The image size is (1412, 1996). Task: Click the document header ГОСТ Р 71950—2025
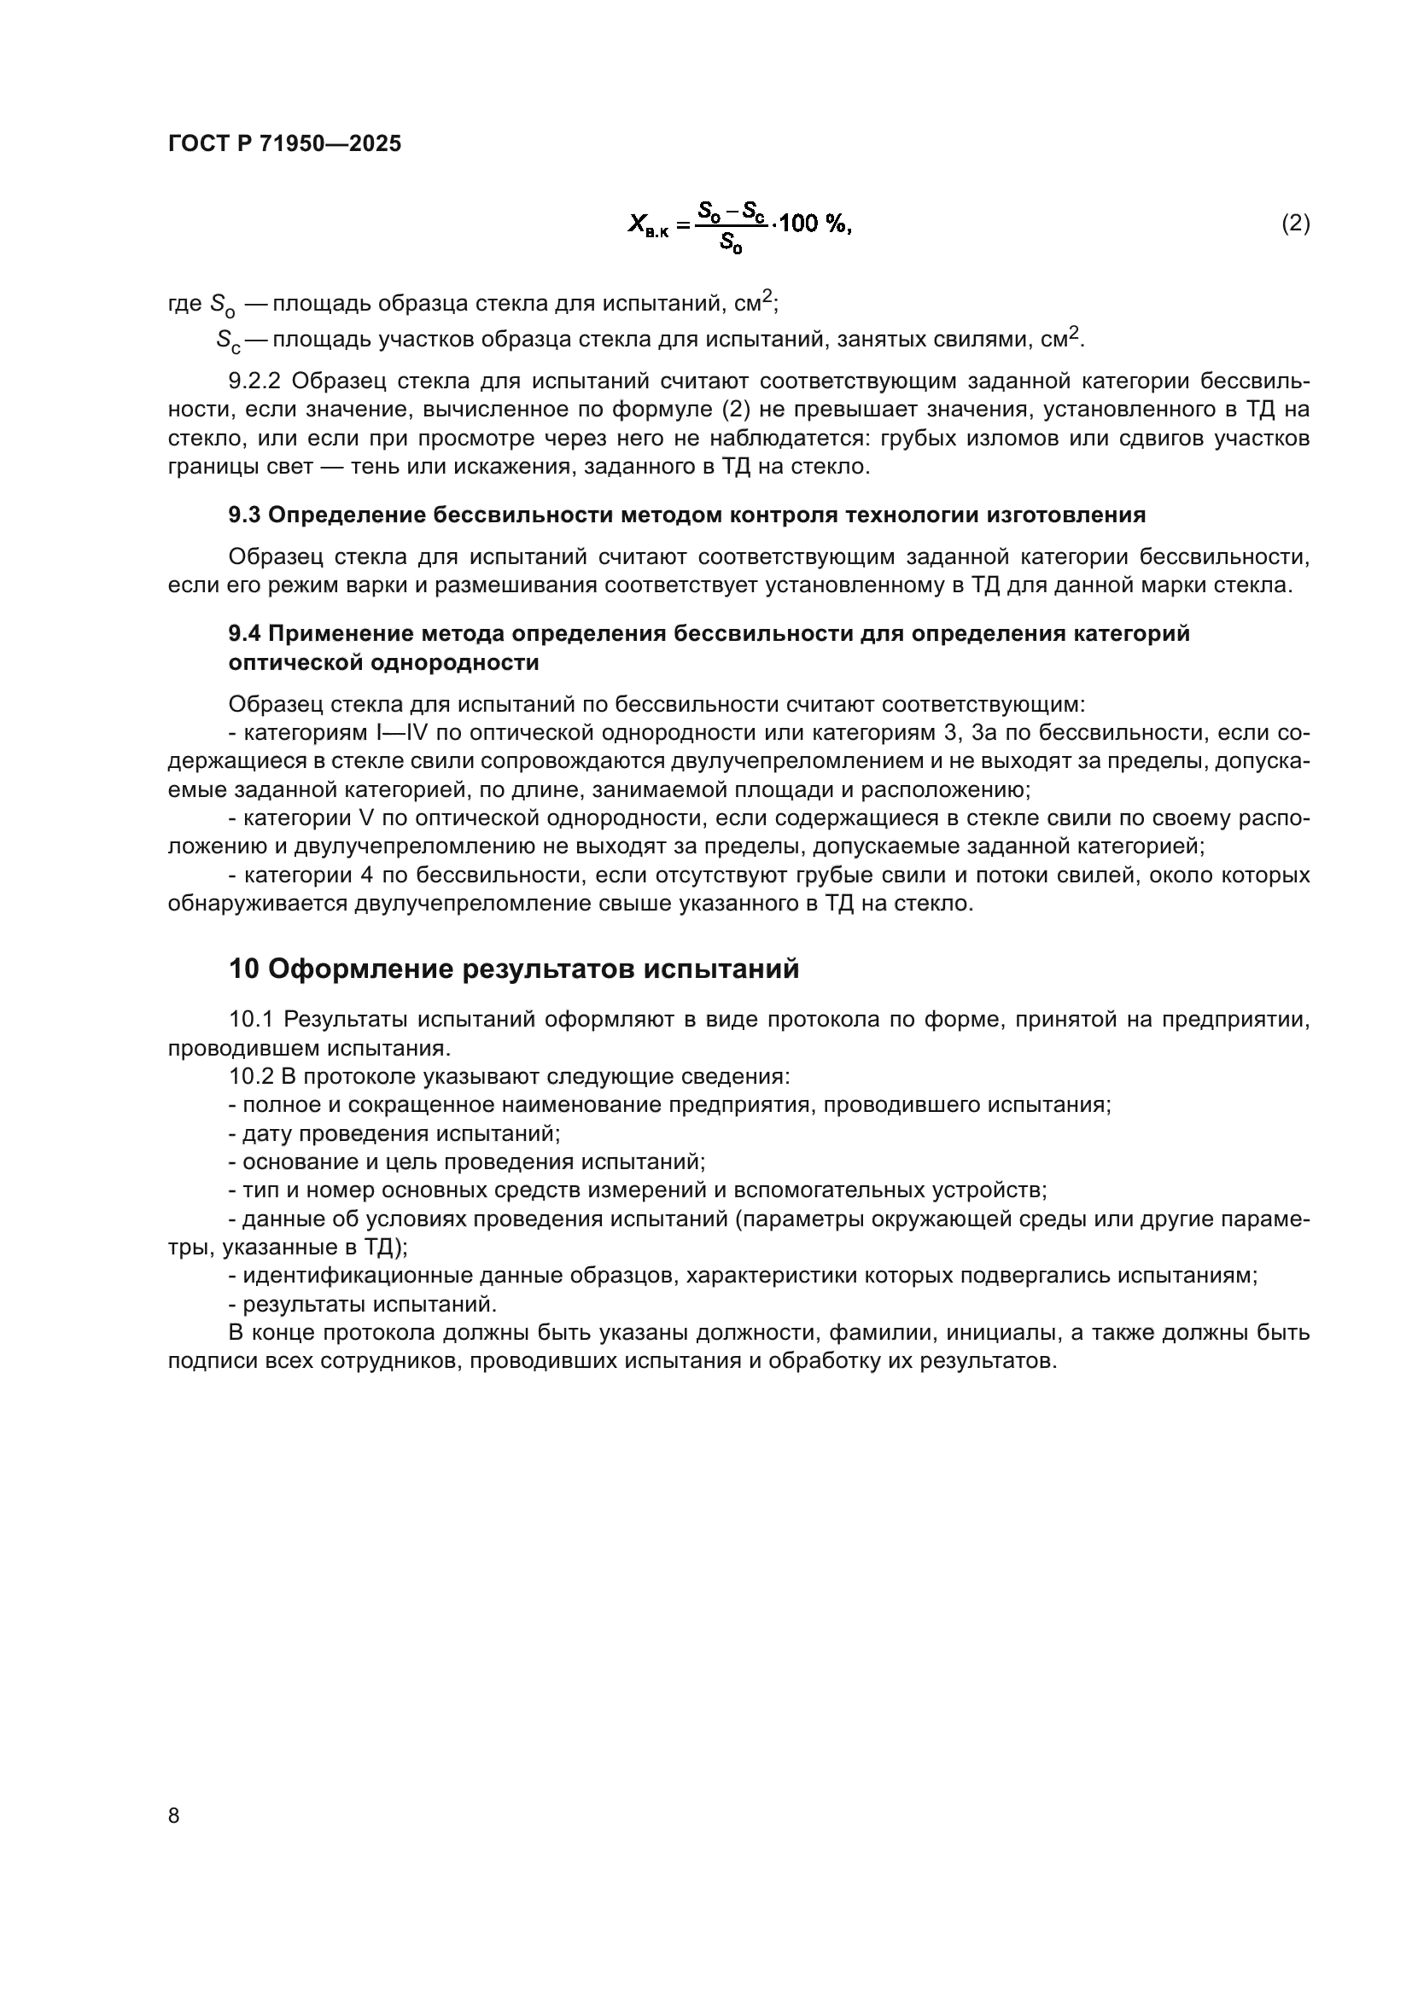[x=284, y=144]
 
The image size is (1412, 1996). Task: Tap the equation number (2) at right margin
[x=1295, y=224]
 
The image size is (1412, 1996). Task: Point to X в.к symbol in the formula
[x=648, y=225]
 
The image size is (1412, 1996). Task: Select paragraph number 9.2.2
[x=255, y=381]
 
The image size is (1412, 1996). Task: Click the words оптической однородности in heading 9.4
[x=383, y=662]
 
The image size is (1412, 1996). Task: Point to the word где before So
[x=184, y=305]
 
